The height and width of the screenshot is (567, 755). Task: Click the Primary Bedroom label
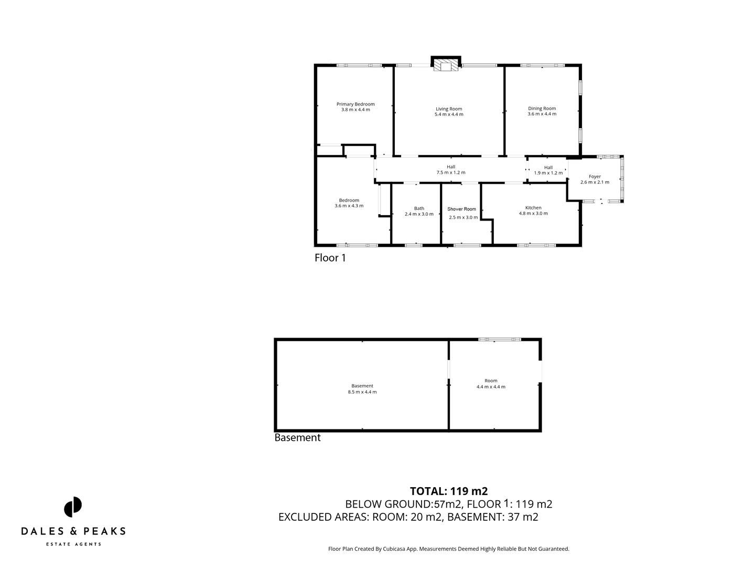tap(355, 104)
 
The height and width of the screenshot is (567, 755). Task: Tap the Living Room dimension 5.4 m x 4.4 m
tap(449, 114)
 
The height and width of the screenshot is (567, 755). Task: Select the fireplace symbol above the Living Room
tap(446, 64)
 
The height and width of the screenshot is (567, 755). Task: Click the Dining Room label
tap(542, 109)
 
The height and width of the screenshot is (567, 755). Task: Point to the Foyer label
tap(595, 177)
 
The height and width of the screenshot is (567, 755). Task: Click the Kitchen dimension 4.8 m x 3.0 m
tap(533, 214)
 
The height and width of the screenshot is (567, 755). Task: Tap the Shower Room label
tap(462, 209)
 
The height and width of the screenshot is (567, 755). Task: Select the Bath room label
tap(419, 208)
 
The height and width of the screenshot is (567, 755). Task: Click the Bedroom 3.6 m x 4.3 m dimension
tap(349, 206)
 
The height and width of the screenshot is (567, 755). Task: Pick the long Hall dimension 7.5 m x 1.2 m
tap(451, 173)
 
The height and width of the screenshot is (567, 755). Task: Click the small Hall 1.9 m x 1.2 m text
tap(548, 173)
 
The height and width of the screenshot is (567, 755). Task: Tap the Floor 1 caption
tap(330, 258)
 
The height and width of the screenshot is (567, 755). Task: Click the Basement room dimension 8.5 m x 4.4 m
tap(362, 392)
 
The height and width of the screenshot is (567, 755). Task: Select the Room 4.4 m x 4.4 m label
tap(491, 381)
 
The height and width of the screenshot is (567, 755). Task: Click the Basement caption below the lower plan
tap(297, 438)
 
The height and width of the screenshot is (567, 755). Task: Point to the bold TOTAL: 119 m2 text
tap(449, 491)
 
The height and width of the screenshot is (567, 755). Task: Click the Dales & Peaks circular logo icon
tap(73, 507)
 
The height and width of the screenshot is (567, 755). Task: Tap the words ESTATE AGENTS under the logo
tap(73, 544)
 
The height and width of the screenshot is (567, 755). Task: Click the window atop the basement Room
tap(499, 340)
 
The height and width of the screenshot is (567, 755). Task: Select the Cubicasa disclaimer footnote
tap(448, 549)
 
